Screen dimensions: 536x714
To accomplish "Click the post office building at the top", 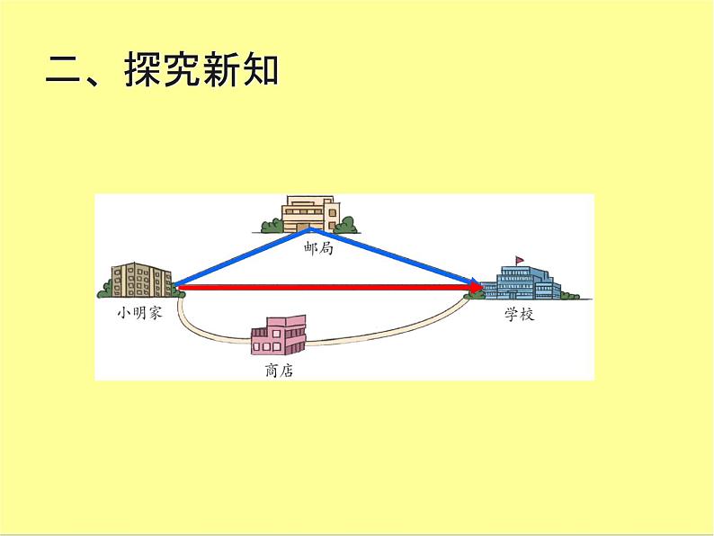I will (x=310, y=213).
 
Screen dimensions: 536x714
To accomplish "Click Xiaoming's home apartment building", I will (x=140, y=280).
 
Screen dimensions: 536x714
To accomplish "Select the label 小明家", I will (x=139, y=314).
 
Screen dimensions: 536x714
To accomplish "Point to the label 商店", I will (x=280, y=370).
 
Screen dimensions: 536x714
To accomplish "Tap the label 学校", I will (x=520, y=317).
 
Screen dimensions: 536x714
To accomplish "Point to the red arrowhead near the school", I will (x=475, y=288).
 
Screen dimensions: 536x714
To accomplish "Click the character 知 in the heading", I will (x=260, y=73).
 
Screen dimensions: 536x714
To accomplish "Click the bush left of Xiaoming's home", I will (x=105, y=289).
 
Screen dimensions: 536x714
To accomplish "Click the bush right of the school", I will (x=569, y=292).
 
